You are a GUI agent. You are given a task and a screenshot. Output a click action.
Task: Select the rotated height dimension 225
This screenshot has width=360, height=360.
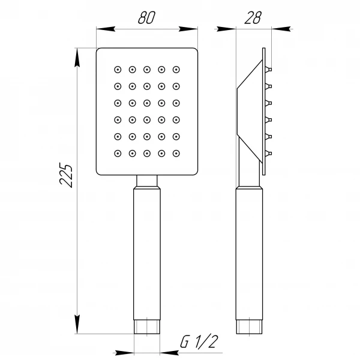pyautogui.click(x=67, y=175)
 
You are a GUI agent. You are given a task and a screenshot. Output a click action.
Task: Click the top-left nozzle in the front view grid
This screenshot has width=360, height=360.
pyautogui.click(x=118, y=69)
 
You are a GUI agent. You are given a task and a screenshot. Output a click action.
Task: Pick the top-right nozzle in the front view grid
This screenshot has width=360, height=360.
pyautogui.click(x=176, y=69)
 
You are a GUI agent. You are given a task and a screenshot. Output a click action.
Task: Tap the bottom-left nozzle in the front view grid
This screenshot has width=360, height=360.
pyautogui.click(x=118, y=154)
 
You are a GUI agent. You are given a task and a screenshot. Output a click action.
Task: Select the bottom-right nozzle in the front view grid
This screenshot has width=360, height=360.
pyautogui.click(x=176, y=154)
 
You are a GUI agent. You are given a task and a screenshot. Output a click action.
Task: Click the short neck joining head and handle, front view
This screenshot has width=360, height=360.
pyautogui.click(x=147, y=181)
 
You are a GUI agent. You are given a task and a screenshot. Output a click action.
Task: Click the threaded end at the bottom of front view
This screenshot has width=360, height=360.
pyautogui.click(x=147, y=328)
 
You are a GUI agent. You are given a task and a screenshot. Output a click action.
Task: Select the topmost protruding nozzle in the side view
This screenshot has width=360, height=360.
pyautogui.click(x=269, y=69)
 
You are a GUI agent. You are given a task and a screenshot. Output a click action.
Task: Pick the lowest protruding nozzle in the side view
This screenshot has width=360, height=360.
pyautogui.click(x=269, y=154)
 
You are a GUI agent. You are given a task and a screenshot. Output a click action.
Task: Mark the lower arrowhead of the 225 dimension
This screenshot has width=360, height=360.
pyautogui.click(x=77, y=326)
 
